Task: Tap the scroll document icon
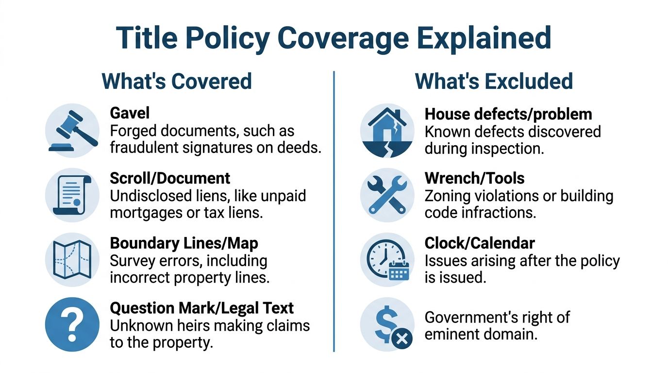click(x=71, y=195)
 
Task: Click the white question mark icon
click(x=71, y=323)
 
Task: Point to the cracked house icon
click(x=387, y=132)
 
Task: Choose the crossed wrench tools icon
click(x=387, y=195)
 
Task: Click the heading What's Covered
click(x=177, y=81)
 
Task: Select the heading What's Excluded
click(x=494, y=81)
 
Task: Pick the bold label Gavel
click(x=130, y=113)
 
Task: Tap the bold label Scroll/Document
click(x=170, y=178)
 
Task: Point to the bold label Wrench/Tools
click(x=474, y=178)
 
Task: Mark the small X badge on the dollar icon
click(x=401, y=339)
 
